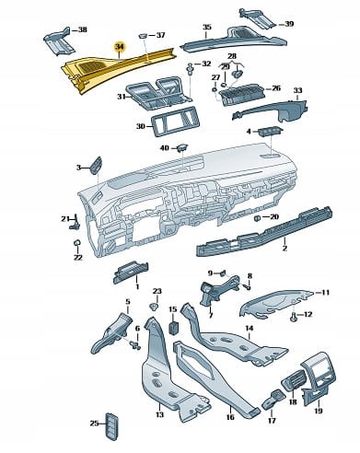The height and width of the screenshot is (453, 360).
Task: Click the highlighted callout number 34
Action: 119,47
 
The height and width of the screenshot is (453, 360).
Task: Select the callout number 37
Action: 160,35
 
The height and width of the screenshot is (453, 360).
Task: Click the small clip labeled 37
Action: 143,36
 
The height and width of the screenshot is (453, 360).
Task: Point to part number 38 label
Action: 82,29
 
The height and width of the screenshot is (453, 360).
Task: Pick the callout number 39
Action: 289,24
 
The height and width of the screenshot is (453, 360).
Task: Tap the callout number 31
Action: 122,97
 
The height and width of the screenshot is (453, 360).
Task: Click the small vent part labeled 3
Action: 96,166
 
